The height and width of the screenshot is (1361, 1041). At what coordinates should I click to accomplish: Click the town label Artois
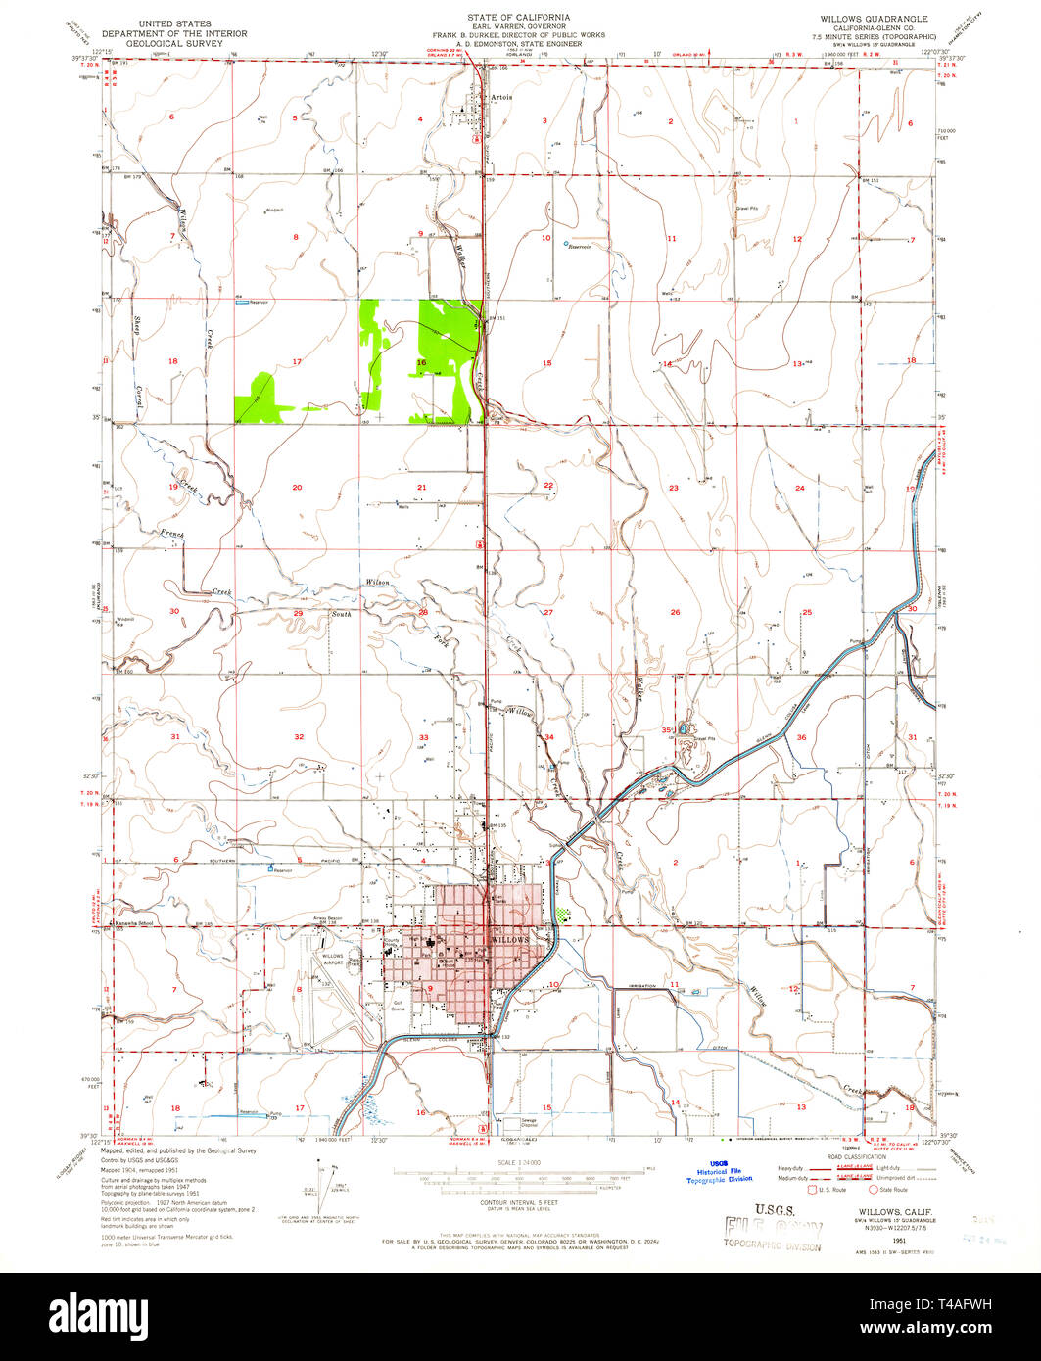click(x=502, y=97)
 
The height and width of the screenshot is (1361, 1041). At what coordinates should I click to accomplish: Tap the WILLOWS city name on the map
click(x=508, y=939)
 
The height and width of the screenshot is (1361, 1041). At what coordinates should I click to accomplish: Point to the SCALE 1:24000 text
click(x=519, y=1162)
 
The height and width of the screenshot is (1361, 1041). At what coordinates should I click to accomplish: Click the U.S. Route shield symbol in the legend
click(x=809, y=1190)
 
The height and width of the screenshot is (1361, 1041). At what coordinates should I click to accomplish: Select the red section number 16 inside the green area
click(x=421, y=363)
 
